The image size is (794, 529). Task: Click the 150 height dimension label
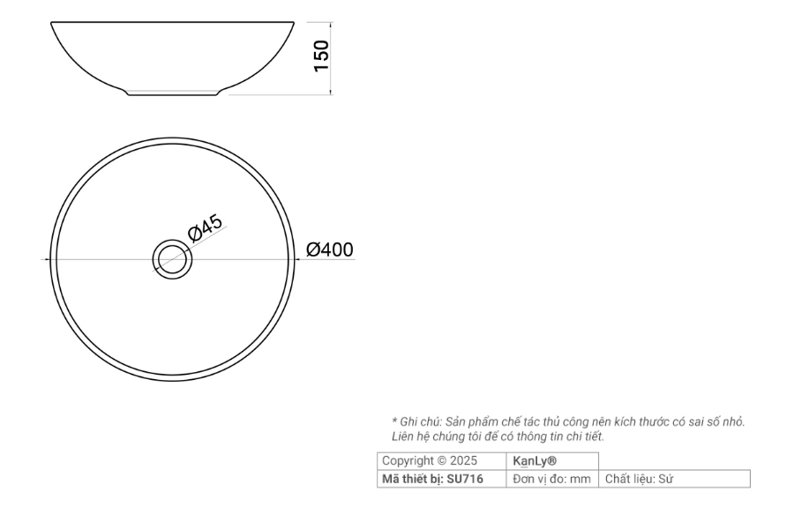pyautogui.click(x=321, y=56)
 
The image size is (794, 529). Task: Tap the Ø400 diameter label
pyautogui.click(x=330, y=250)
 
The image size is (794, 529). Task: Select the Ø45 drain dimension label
pyautogui.click(x=205, y=228)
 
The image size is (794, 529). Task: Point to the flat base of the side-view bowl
pyautogui.click(x=173, y=93)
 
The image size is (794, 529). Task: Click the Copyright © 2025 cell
pyautogui.click(x=430, y=460)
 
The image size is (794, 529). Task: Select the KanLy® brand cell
pyautogui.click(x=535, y=460)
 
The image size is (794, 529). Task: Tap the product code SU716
pyautogui.click(x=465, y=479)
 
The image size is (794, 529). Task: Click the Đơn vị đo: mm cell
pyautogui.click(x=551, y=479)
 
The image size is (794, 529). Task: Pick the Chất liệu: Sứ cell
pyautogui.click(x=639, y=479)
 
